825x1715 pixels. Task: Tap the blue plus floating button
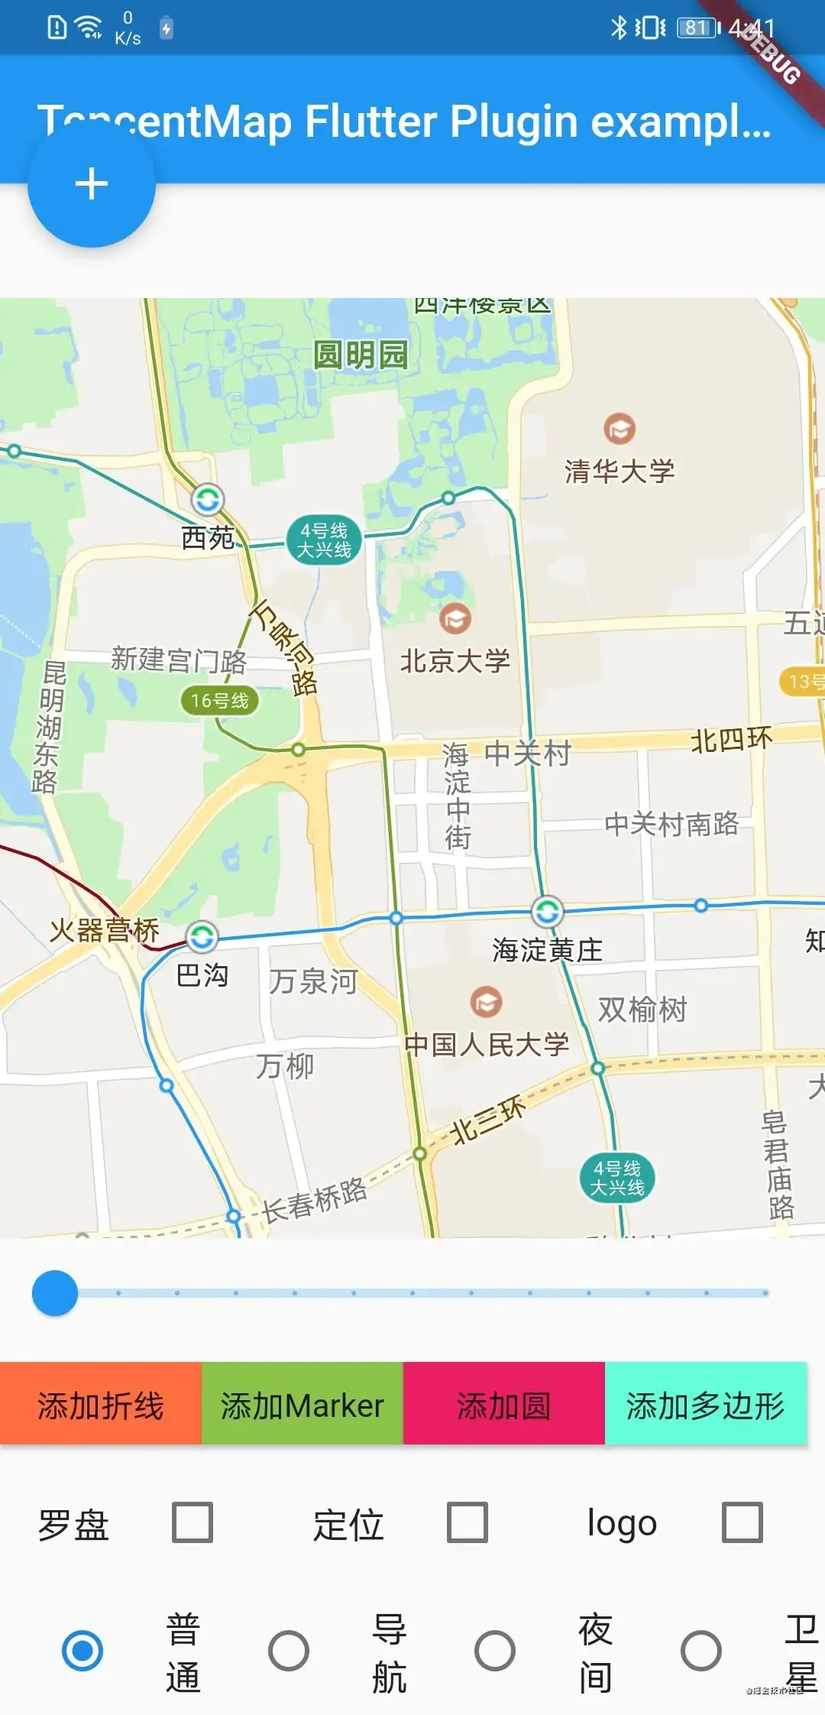[92, 184]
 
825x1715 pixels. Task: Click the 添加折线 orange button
[101, 1405]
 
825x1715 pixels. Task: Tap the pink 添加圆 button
[504, 1405]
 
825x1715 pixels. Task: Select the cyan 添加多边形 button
[705, 1405]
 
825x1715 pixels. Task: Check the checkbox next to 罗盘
[192, 1522]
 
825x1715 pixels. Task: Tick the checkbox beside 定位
[467, 1522]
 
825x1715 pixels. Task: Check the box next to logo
[742, 1522]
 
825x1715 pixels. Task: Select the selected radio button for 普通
[82, 1650]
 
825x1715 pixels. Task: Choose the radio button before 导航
[289, 1650]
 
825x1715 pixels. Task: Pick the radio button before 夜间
[495, 1650]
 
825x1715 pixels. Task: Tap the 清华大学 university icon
[620, 429]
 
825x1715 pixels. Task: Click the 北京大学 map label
[455, 661]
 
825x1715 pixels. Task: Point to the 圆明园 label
[361, 355]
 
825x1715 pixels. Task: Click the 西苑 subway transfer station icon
[207, 501]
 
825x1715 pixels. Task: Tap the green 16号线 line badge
[220, 700]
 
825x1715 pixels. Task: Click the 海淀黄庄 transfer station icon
[547, 911]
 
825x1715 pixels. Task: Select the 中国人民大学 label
[487, 1045]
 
